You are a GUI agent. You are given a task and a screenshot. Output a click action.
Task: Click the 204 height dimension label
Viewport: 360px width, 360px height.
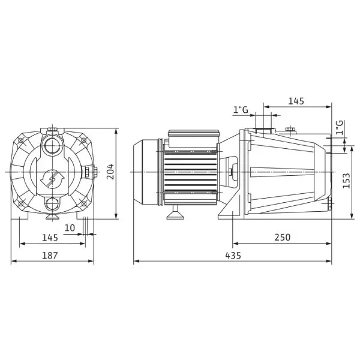coord(110,172)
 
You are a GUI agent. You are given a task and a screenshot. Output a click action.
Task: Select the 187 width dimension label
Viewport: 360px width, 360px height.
coord(50,256)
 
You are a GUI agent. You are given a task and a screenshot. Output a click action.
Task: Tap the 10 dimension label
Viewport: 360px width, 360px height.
coord(70,228)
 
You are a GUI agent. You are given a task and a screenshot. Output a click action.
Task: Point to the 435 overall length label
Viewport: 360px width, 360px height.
coord(233,256)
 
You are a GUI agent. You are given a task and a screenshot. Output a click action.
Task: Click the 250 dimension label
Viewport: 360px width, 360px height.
coord(283,238)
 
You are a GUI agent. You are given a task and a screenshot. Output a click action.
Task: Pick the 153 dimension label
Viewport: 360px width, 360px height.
coord(346,181)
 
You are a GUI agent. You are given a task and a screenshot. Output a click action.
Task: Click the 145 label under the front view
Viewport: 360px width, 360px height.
coord(50,238)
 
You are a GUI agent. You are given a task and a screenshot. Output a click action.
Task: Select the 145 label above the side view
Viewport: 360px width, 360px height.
coord(296,101)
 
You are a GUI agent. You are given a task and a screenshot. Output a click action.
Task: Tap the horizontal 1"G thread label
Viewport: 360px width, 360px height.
coord(241,110)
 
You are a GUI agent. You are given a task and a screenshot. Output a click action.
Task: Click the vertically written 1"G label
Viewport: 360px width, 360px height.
coord(340,127)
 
